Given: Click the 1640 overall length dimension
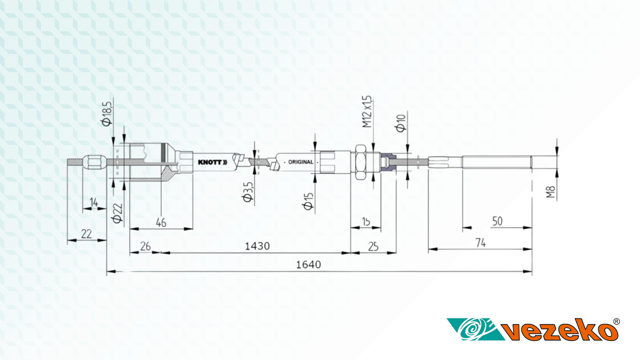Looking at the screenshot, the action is pos(308,265).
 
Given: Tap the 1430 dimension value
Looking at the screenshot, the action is pos(257,246).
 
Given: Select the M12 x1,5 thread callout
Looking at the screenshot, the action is pos(367,111).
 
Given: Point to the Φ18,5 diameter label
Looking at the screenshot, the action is pos(107,114).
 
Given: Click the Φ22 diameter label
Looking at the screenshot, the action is pos(117,213).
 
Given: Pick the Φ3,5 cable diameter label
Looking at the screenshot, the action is pos(248,192).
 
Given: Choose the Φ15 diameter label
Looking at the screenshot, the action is pos(308,201).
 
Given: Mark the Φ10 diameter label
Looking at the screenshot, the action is pos(401,123).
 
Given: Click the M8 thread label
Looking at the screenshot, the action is pos(550,192).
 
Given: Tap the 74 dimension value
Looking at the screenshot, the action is pos(481,243).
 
